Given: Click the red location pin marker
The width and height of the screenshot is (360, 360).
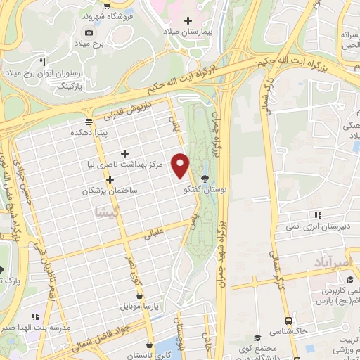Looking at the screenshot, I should pos(181,165).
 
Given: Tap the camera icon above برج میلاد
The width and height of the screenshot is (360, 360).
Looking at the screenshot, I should pos(89,32).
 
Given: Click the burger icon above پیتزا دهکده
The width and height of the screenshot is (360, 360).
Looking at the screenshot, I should pos(89,120).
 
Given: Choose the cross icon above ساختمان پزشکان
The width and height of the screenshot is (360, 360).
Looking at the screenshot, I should pos(110,179).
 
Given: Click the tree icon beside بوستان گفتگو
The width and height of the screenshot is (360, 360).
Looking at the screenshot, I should pos(205,179).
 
